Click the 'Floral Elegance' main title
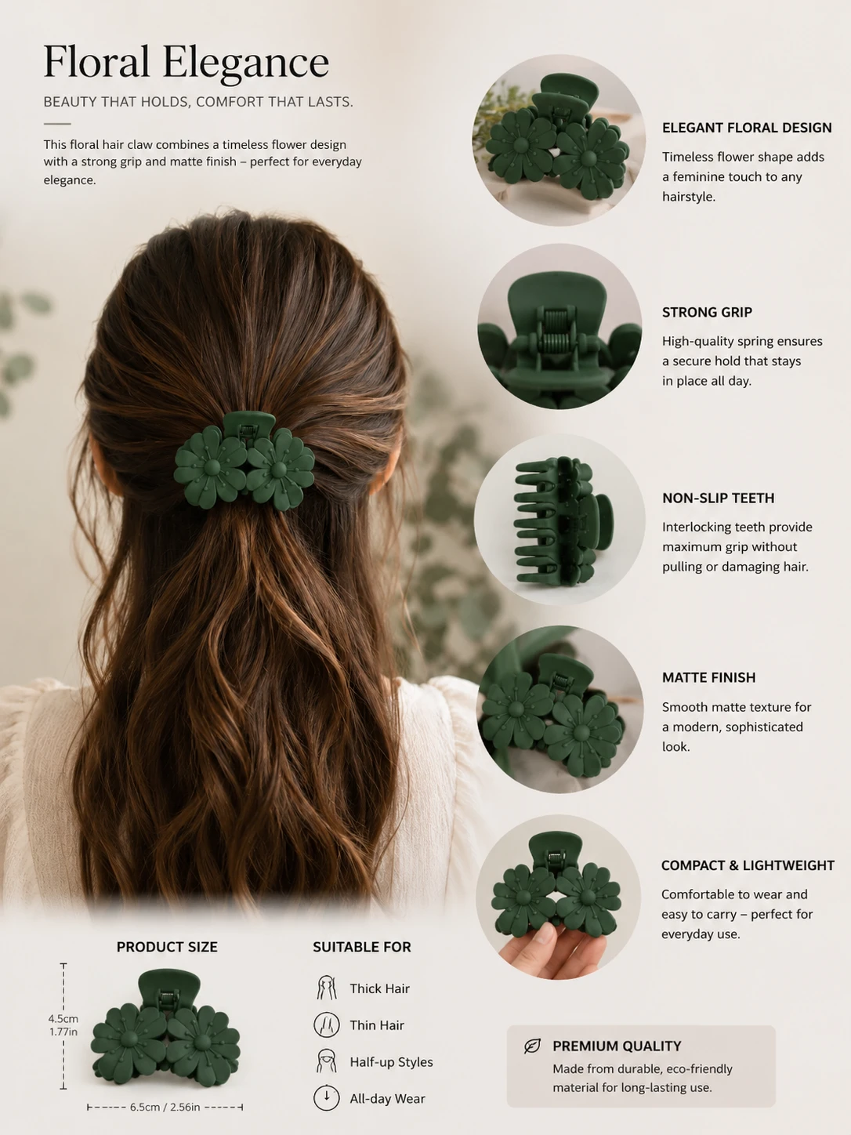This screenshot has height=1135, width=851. [186, 62]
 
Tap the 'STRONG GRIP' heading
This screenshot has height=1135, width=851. [707, 312]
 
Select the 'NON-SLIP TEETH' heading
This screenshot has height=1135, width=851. [719, 498]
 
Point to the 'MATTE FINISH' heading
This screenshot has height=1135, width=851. [708, 677]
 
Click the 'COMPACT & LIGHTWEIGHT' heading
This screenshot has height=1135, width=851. [748, 865]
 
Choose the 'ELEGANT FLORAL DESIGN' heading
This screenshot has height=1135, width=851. [747, 128]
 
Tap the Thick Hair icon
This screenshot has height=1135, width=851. [327, 988]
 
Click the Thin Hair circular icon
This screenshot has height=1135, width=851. [327, 1024]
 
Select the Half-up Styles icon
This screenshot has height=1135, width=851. [327, 1061]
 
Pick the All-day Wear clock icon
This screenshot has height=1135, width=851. [327, 1097]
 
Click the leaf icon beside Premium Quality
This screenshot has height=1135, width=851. [532, 1046]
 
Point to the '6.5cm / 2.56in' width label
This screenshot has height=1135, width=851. [165, 1107]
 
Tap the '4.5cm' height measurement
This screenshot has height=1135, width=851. [63, 1018]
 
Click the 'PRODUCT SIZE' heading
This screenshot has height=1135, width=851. [167, 947]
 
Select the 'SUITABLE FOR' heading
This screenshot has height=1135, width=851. [362, 947]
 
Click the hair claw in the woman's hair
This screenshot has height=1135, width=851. [244, 460]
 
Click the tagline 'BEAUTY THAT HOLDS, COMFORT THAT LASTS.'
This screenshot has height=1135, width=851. [198, 102]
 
